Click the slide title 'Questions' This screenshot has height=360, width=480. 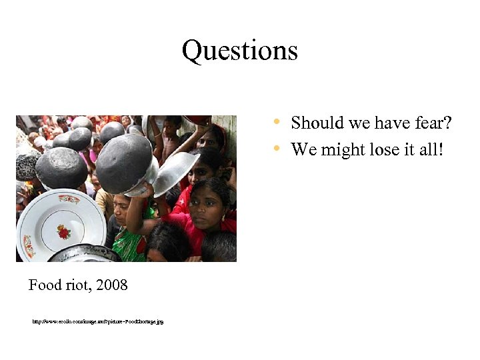tap(240, 51)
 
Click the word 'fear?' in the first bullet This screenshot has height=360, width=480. tap(431, 123)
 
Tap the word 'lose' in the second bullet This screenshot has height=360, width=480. tap(383, 149)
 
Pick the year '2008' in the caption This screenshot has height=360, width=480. tap(111, 285)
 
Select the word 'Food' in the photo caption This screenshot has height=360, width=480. tap(45, 285)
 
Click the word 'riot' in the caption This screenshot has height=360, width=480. tap(79, 285)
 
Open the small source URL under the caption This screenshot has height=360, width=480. tap(98, 321)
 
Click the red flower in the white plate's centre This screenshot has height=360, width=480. tap(64, 232)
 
